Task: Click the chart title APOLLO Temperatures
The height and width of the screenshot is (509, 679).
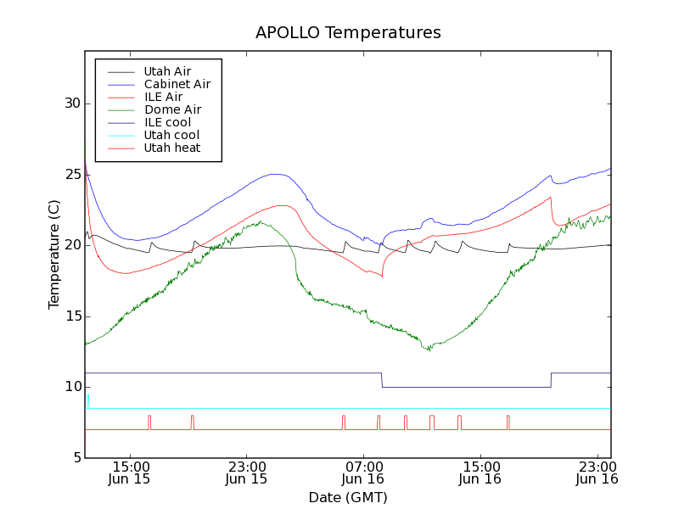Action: point(348,33)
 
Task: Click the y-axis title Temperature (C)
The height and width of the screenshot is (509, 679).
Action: point(54,255)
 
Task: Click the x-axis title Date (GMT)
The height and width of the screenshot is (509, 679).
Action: point(347,497)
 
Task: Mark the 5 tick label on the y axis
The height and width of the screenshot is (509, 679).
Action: point(75,458)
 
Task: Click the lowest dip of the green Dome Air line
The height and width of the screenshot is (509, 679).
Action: point(429,349)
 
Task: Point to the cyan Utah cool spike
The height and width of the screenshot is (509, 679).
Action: point(87,399)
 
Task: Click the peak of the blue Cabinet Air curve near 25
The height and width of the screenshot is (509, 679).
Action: point(275,174)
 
